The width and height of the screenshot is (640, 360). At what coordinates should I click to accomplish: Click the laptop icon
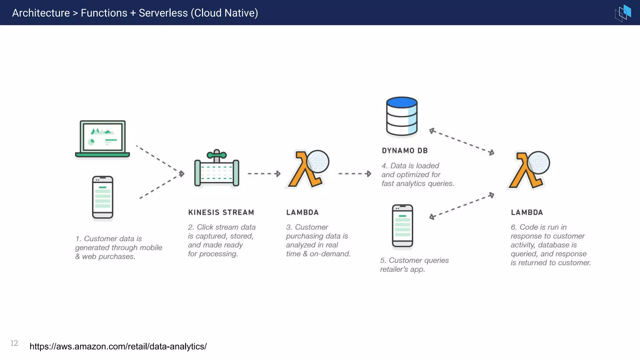click(102, 139)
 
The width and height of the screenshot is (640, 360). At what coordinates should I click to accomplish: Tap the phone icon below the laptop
click(102, 197)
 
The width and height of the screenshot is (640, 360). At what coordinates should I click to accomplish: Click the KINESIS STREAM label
click(221, 212)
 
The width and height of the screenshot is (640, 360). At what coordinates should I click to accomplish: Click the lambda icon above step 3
click(308, 170)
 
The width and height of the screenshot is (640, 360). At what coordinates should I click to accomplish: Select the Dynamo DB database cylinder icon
click(402, 116)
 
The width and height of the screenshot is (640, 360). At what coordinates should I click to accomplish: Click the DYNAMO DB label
click(405, 151)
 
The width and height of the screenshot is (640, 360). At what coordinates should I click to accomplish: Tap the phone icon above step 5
click(402, 226)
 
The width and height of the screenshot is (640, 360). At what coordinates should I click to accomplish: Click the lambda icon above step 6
click(529, 170)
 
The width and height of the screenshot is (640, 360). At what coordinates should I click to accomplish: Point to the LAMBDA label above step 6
click(527, 212)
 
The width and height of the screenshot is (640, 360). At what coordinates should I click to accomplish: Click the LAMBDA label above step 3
click(302, 212)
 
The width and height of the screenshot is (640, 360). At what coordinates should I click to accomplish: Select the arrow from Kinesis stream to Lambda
click(264, 174)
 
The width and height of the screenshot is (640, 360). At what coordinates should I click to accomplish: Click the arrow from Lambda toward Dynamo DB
click(355, 174)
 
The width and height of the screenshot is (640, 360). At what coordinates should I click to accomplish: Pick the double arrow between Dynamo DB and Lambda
click(462, 142)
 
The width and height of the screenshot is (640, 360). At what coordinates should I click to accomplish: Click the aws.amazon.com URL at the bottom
click(118, 346)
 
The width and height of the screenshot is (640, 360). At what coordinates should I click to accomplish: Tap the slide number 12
click(14, 343)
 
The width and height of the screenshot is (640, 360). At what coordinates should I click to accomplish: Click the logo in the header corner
click(623, 13)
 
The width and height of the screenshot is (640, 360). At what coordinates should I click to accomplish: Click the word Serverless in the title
click(163, 13)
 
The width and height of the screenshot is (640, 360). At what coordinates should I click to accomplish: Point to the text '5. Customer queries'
click(414, 260)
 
